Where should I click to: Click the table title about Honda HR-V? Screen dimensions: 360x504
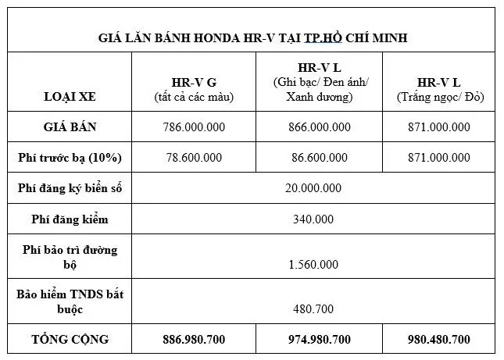pyautogui.click(x=253, y=37)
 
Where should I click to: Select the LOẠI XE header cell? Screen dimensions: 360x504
pyautogui.click(x=71, y=97)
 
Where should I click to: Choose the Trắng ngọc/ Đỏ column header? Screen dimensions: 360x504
pyautogui.click(x=438, y=90)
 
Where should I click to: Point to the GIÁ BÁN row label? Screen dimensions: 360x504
pyautogui.click(x=71, y=126)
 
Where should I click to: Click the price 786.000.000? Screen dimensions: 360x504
pyautogui.click(x=195, y=126)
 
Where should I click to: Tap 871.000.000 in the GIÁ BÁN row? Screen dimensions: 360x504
pyautogui.click(x=438, y=126)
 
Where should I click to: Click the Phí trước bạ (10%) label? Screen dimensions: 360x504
pyautogui.click(x=71, y=157)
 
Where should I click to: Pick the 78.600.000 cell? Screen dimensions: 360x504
pyautogui.click(x=195, y=157)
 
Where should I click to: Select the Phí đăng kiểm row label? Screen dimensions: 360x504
pyautogui.click(x=71, y=219)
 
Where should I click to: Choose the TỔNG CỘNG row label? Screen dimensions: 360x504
pyautogui.click(x=71, y=339)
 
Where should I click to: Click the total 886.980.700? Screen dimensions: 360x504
pyautogui.click(x=195, y=339)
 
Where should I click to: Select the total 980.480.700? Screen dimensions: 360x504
pyautogui.click(x=438, y=339)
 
